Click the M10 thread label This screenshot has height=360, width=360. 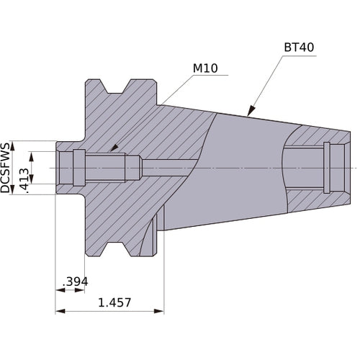[x=205, y=69]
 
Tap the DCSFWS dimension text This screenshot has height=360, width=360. [x=6, y=168]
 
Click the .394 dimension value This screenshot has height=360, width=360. [x=74, y=281]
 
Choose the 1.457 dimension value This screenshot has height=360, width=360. [x=114, y=303]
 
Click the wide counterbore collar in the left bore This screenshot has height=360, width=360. [x=78, y=168]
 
